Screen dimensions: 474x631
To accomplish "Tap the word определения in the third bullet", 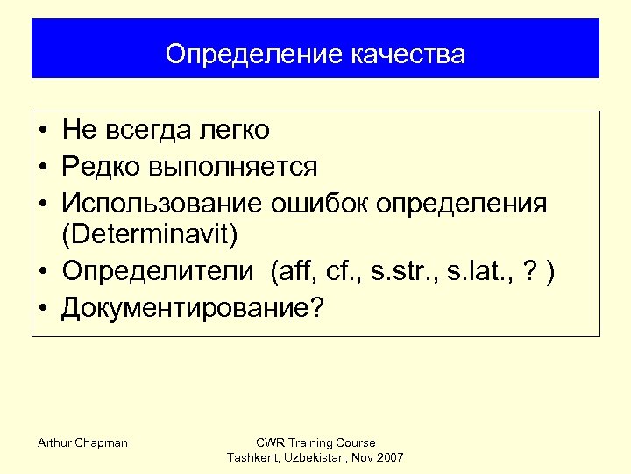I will pos(462,203).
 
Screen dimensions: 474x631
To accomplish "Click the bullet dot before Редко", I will pos(43,167).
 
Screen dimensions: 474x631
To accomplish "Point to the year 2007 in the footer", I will pos(388,458).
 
